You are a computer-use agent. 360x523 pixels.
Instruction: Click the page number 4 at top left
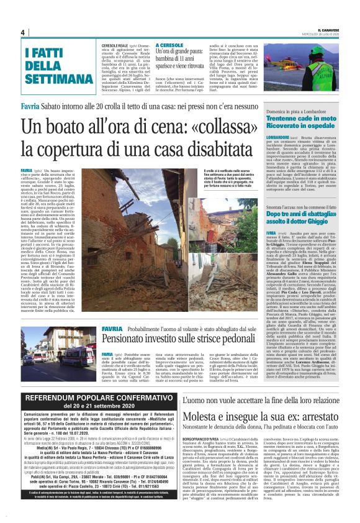22,32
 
